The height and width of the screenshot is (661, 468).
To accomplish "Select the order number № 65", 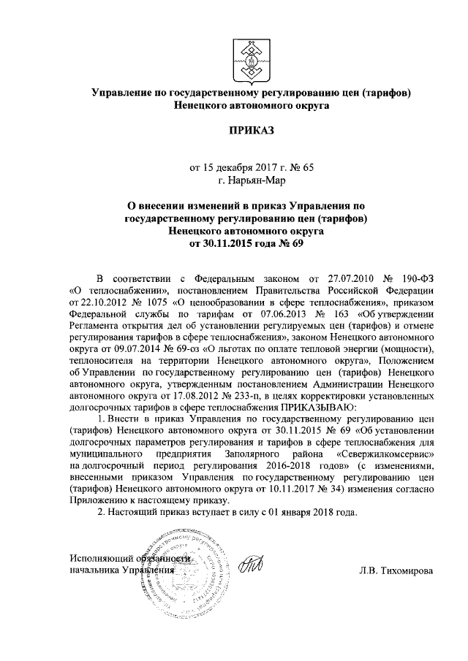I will point(301,167).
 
